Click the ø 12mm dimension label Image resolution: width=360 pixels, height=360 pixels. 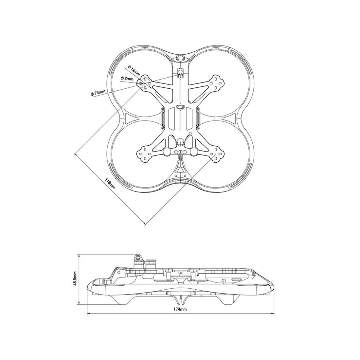134,70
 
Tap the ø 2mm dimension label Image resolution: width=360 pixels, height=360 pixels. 127,79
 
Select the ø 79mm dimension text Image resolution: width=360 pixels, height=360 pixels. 98,93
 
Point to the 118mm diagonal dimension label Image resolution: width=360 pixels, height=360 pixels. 110,183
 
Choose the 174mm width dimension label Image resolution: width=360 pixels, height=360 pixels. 180,309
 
